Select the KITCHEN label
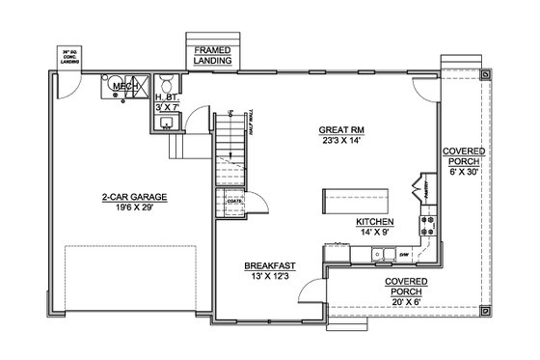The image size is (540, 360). click(x=373, y=221)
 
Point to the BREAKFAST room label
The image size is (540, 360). click(x=269, y=264)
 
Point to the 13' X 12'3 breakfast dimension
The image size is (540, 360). click(x=269, y=275)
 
